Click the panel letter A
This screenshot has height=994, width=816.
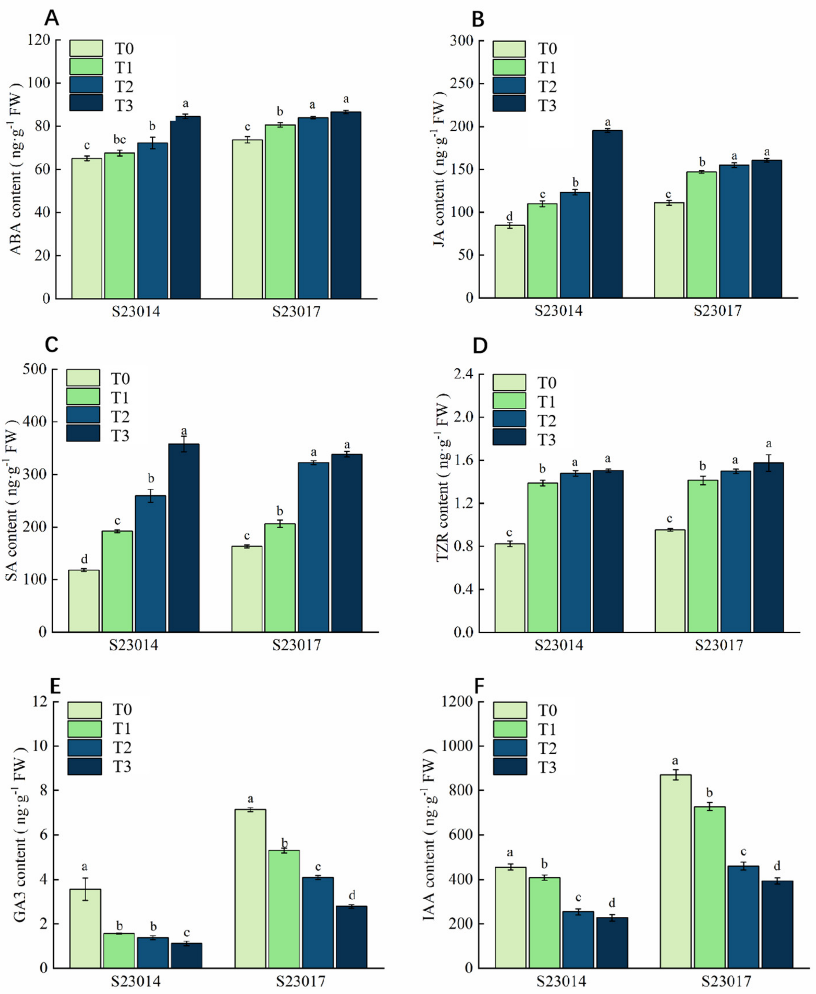[52, 19]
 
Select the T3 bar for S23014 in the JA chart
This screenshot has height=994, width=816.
[607, 214]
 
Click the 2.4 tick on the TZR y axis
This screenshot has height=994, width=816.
[463, 375]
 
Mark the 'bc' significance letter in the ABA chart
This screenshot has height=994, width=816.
[120, 140]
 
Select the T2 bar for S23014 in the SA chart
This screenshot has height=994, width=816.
[150, 564]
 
